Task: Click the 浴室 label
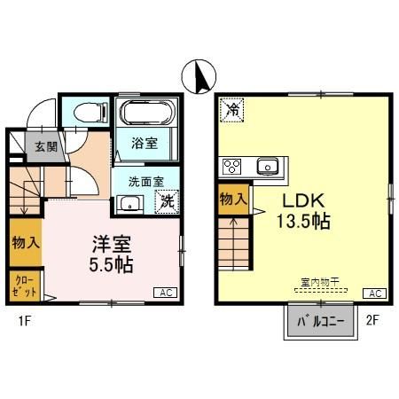[x=145, y=142]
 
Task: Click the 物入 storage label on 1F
[x=25, y=240]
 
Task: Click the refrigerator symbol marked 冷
[x=231, y=109]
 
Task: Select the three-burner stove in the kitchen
[x=233, y=166]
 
